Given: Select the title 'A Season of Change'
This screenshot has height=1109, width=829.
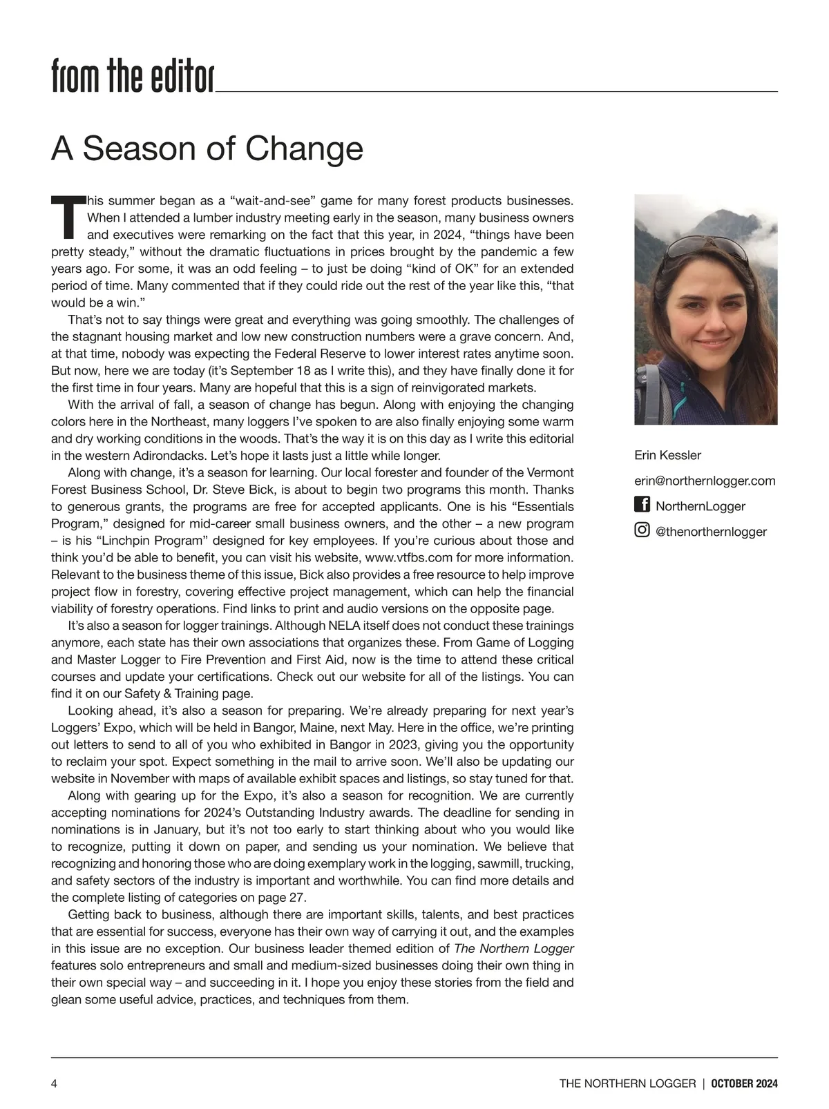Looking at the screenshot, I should click(x=207, y=148).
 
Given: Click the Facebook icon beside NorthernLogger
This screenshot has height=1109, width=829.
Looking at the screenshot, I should click(x=642, y=505).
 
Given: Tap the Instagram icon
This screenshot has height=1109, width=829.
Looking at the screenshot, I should click(x=642, y=530).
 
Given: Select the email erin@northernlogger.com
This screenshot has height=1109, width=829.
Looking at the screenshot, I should click(x=705, y=481).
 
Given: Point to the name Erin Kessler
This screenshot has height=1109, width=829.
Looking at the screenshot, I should click(x=667, y=455).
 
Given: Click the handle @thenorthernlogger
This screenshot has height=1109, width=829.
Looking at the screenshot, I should click(x=711, y=532).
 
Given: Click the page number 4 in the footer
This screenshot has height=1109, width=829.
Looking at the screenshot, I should click(x=55, y=1083).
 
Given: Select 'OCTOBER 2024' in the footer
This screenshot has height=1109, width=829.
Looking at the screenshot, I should click(x=745, y=1083).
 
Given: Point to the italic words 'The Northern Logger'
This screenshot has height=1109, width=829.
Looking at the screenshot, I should click(x=513, y=948).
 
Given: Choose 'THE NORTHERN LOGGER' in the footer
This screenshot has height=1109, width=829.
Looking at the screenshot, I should click(x=627, y=1083).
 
